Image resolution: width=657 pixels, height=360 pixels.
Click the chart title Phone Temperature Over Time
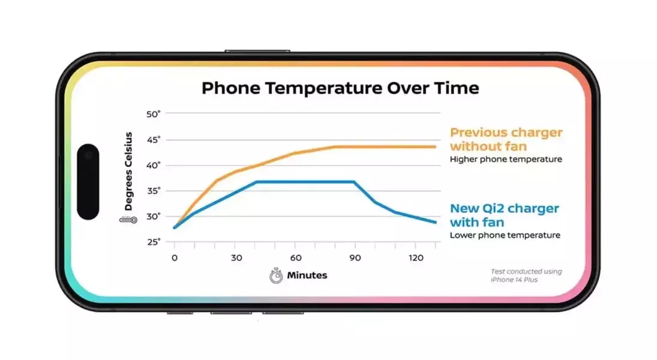(x=340, y=88)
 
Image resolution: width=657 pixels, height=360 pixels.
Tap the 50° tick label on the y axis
(x=154, y=114)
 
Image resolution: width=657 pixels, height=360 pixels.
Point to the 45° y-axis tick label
(x=154, y=140)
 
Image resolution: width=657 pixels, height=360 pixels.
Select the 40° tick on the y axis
(x=154, y=165)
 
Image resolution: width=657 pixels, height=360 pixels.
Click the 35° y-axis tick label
(x=154, y=191)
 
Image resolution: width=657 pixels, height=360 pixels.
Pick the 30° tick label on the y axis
(x=154, y=216)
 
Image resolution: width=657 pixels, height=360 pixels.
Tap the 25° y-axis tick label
(x=154, y=242)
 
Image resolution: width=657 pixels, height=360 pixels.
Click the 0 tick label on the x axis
(x=175, y=258)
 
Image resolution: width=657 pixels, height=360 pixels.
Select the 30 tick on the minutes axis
(x=236, y=258)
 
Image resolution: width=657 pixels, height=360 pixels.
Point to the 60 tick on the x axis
(x=296, y=258)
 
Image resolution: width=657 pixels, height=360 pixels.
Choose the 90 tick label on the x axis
(x=355, y=258)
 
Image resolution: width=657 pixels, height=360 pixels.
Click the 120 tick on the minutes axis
(x=416, y=258)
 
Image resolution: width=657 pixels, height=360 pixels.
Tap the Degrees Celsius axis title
(x=128, y=172)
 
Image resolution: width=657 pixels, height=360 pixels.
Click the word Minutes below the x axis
(x=307, y=275)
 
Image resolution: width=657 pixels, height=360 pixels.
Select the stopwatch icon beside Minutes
(x=276, y=276)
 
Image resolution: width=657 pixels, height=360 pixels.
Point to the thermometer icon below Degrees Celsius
(x=128, y=220)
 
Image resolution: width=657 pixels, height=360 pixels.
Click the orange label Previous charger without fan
(x=506, y=139)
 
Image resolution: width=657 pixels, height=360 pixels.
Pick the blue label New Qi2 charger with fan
(x=505, y=215)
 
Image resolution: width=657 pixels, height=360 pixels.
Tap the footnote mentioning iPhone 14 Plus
(x=526, y=275)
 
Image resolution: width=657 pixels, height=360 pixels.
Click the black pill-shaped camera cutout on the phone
(x=88, y=181)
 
